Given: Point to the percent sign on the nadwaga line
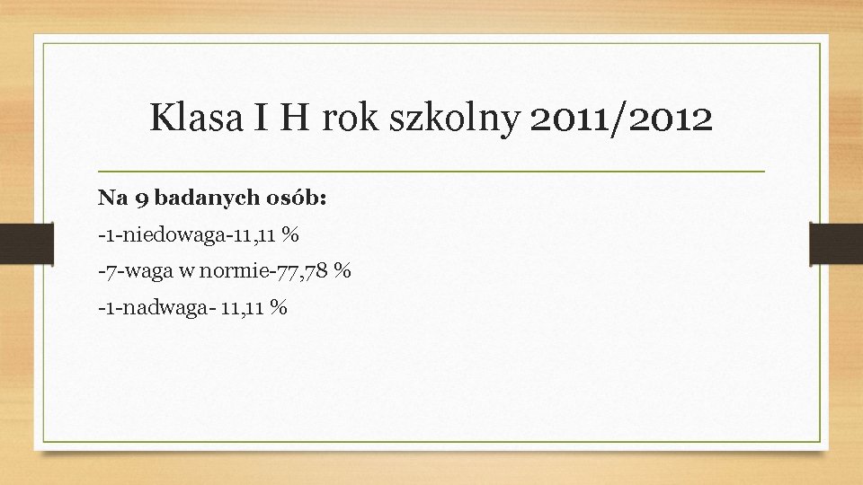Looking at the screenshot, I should [279, 308].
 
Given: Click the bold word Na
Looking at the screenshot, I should [108, 197].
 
